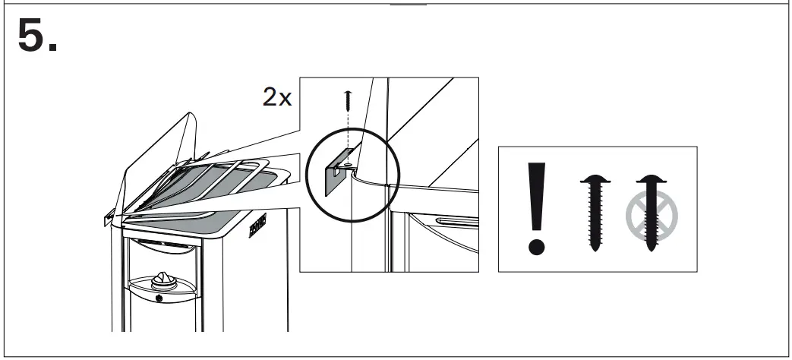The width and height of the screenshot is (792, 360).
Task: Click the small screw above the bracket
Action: click(x=348, y=96)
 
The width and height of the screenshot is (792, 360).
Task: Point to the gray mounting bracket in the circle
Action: click(x=333, y=177)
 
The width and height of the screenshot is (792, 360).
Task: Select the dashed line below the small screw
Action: click(x=348, y=129)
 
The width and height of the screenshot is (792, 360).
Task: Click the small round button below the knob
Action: click(x=158, y=298)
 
